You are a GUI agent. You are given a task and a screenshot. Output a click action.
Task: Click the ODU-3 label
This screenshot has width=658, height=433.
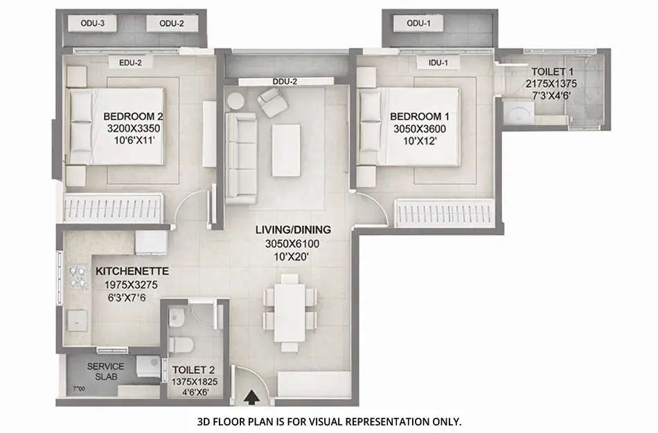click(93, 24)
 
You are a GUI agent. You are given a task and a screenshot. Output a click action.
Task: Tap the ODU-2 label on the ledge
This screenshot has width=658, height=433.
click(171, 24)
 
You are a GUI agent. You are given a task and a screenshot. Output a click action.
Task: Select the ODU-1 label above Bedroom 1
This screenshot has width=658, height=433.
click(419, 24)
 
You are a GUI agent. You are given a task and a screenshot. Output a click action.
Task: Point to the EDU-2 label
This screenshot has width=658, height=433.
click(130, 63)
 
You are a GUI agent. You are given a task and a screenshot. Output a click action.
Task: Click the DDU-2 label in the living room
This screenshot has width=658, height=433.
click(285, 82)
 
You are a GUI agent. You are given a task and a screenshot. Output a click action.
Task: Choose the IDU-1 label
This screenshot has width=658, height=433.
click(438, 63)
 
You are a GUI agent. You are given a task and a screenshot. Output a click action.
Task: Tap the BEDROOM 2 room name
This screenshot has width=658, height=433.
click(133, 116)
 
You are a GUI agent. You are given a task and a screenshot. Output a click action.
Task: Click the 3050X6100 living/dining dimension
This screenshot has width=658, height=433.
click(293, 244)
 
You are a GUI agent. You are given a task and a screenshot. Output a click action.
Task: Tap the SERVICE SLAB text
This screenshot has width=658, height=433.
click(105, 371)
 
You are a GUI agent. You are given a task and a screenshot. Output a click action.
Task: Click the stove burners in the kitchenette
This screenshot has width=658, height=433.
click(73, 279)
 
